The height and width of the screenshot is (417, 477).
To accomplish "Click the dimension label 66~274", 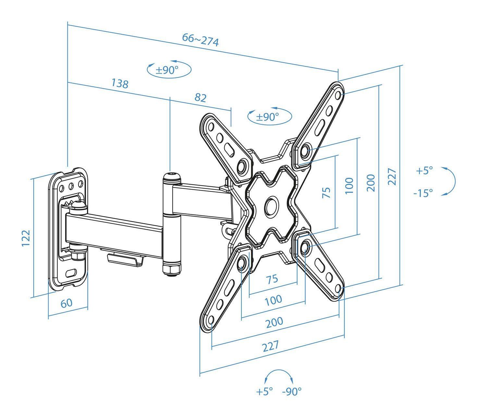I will coord(200,40).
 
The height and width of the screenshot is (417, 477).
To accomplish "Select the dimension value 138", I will coord(120,83).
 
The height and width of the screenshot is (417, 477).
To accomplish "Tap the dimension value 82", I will coord(200,97).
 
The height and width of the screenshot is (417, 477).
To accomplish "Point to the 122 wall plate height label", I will coord(26,238).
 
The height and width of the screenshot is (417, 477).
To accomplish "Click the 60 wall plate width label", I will coord(67,303).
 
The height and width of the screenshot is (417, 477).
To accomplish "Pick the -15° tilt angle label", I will coord(423,193).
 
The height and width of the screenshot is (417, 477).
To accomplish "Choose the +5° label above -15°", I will coord(424,171).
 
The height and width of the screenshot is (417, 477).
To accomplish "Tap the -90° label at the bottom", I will coord(292,392).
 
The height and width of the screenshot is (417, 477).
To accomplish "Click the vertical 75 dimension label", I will coord(326,193).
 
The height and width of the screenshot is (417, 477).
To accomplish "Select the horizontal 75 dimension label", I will coord(272,279).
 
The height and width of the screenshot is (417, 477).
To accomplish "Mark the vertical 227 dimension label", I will coord(392,176).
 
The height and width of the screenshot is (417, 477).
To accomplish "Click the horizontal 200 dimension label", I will coord(274,322).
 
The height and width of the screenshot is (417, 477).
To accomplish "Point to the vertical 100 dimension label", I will coord(349,186).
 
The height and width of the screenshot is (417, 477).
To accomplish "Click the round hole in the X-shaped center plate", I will coord(271,206).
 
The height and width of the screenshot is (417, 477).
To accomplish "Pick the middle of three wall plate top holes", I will coord(71,187).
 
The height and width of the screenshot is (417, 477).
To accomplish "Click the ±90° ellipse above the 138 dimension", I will coord(169,69).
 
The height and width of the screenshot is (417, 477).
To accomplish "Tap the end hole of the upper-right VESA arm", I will coord(338,95).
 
